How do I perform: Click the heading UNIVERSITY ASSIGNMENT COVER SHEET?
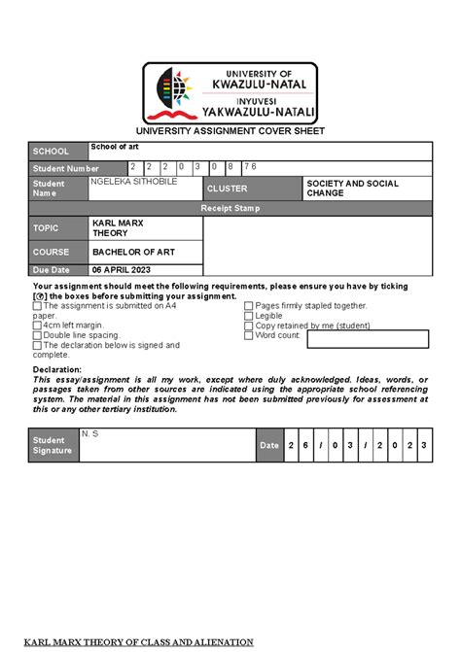tap(230, 131)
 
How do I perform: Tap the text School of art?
tap(115, 147)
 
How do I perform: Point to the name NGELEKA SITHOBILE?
tap(134, 182)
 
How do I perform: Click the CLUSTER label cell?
tap(251, 189)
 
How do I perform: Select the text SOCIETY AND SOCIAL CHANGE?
tap(352, 189)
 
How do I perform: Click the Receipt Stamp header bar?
tap(230, 208)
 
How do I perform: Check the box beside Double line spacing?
tap(38, 335)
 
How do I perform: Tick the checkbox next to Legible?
tap(248, 316)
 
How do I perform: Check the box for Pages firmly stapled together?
tap(248, 305)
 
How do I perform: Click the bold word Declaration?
tap(57, 369)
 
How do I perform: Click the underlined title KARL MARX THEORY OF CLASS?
tap(138, 642)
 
